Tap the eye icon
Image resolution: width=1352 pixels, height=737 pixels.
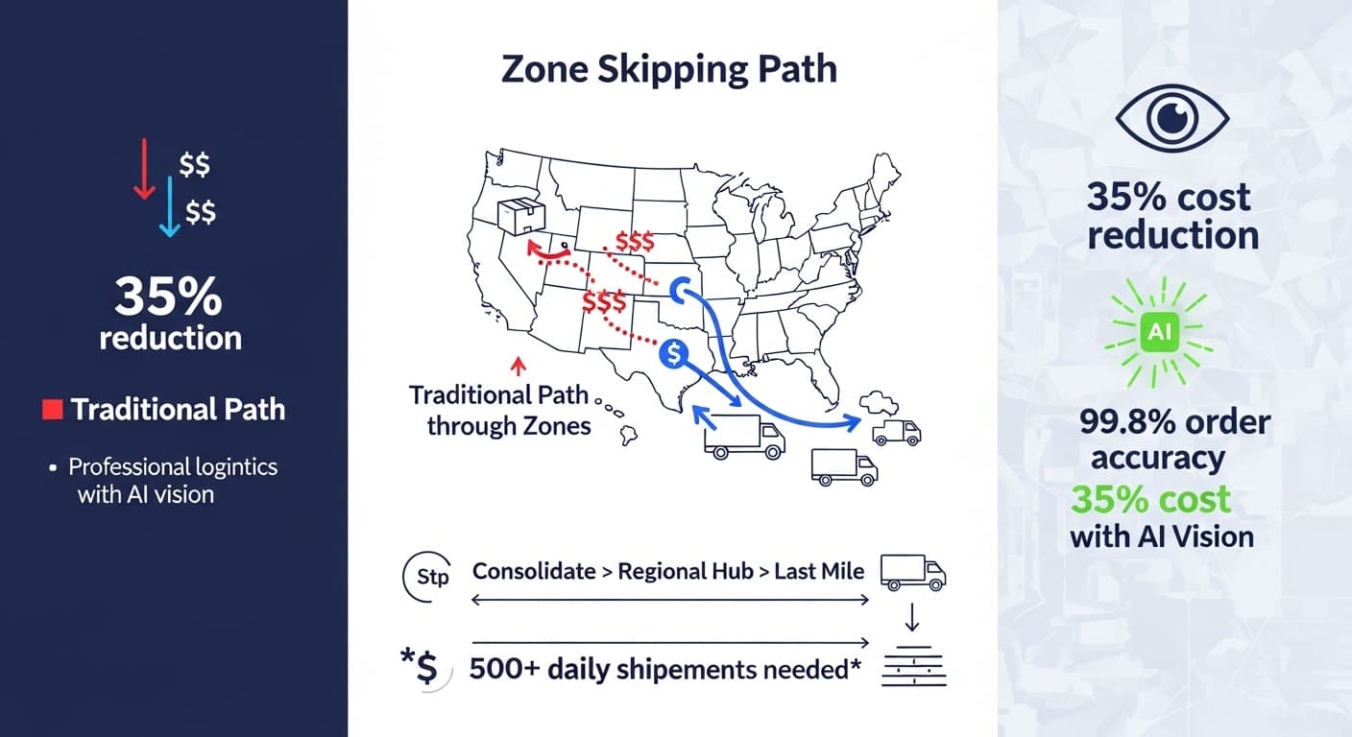[1172, 118]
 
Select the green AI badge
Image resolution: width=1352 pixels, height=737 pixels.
[1159, 332]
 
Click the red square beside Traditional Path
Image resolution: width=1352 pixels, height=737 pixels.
[53, 410]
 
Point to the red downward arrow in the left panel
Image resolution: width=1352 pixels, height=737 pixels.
[144, 169]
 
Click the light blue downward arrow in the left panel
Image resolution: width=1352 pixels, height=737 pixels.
[170, 206]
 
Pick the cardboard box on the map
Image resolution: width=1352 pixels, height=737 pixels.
[520, 216]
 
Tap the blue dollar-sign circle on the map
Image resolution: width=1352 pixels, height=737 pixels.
[673, 353]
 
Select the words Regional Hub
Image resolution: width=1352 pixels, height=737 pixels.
[686, 571]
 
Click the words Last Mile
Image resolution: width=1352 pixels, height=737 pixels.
[819, 571]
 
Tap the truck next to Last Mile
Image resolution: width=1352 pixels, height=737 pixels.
[912, 572]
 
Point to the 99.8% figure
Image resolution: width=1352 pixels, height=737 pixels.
[1123, 421]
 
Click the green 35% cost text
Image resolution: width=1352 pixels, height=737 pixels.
[1150, 499]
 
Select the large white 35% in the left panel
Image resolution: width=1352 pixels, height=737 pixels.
[168, 297]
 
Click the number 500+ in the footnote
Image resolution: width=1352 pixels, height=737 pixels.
[504, 669]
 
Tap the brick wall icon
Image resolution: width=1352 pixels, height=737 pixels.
[914, 666]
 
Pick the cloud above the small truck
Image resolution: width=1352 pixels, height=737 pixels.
[879, 403]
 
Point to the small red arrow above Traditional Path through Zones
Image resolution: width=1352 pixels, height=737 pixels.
[518, 366]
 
